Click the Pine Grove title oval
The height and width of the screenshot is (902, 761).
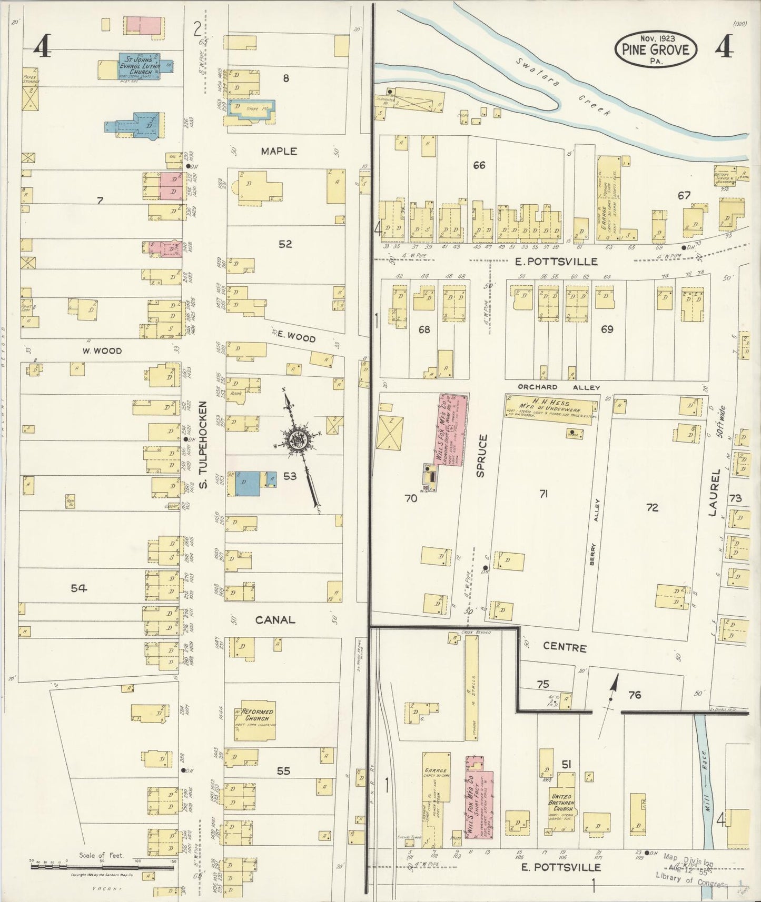656,49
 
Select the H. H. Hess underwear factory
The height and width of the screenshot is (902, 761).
551,404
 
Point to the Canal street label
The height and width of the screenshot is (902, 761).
274,620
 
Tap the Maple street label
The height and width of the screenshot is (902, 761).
279,151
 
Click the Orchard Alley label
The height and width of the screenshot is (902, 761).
558,387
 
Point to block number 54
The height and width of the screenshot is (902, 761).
78,588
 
